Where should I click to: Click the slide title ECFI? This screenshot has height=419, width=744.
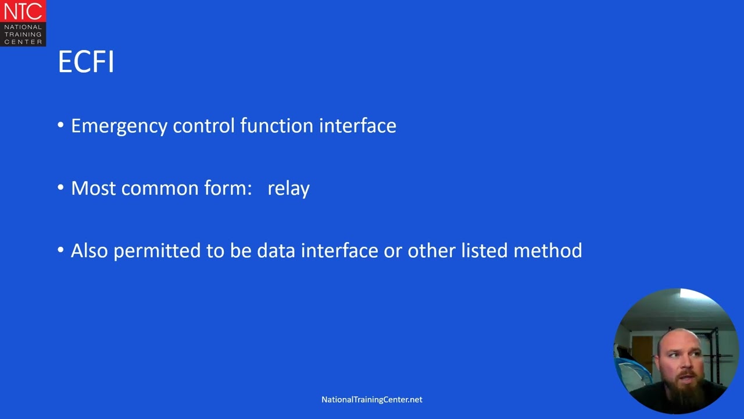pos(86,62)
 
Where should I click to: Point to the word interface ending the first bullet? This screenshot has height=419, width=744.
pos(357,126)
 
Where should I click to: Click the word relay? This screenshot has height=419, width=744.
pos(288,189)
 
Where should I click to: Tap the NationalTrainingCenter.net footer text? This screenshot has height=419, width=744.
pos(372,400)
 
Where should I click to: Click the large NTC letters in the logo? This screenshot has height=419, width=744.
pos(23,11)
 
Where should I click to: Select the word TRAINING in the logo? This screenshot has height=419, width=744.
pos(23,34)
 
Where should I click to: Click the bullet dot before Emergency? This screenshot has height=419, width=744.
pos(61,126)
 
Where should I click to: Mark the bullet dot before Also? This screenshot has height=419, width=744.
pos(61,250)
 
